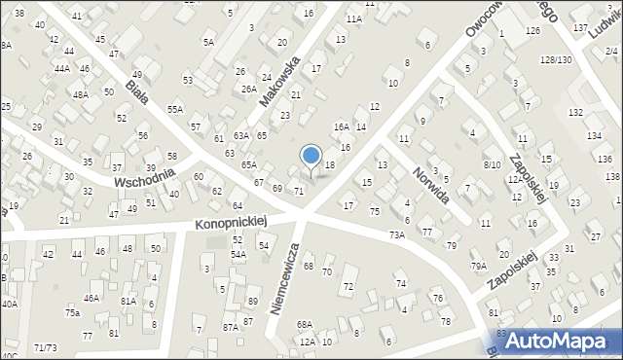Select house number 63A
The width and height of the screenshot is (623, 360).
pos(241,136)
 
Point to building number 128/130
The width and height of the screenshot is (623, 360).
pos(556,60)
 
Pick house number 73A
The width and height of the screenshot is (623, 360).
pos(397,234)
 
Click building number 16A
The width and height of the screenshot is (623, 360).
pos(341,126)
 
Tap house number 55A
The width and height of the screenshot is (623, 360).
pos(174,110)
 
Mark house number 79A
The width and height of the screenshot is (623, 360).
pos(479,266)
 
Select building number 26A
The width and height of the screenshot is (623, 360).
pos(248,89)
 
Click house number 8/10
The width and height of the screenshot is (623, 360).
pos(492,164)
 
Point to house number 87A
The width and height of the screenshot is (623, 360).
pos(230,327)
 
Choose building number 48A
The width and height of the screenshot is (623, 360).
pos(81,95)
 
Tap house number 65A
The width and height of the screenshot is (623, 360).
pos(249,165)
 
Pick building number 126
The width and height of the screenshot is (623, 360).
pos(532,31)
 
